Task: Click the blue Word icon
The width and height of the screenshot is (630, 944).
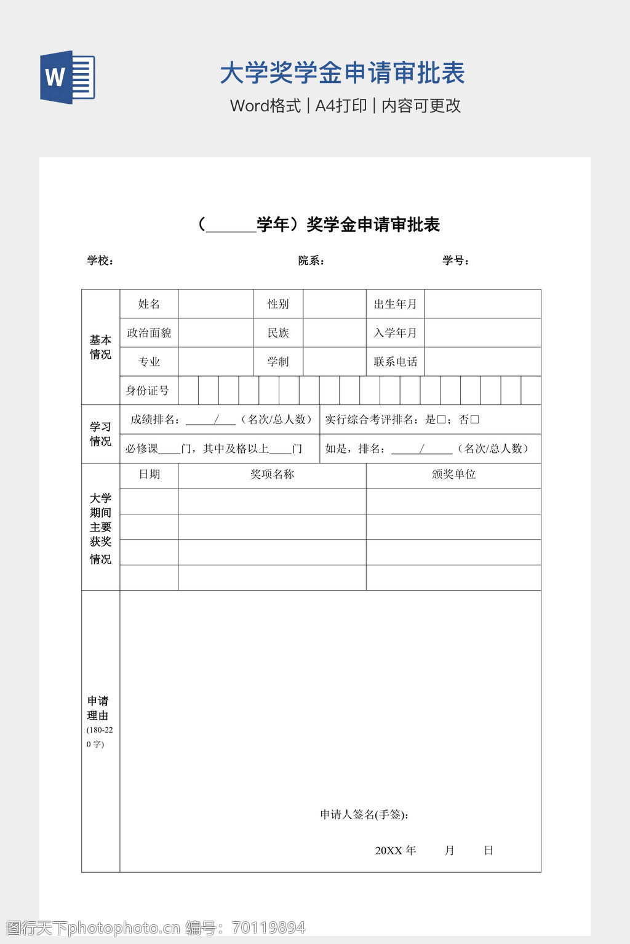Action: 67,77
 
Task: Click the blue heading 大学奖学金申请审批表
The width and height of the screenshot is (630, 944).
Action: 342,73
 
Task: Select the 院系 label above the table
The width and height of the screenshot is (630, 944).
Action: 311,261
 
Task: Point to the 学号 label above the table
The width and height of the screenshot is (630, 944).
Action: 455,261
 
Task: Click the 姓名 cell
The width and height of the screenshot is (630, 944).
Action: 149,304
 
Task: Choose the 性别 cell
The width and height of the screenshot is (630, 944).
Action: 278,304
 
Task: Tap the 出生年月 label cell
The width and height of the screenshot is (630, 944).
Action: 395,304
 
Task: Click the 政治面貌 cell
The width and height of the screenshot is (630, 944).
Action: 149,333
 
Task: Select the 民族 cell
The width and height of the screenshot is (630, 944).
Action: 278,333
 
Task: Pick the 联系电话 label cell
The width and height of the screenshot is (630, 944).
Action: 395,362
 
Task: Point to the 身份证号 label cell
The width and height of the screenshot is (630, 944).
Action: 148,391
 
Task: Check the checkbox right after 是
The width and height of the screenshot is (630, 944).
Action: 441,420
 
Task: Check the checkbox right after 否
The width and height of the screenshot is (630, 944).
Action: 474,420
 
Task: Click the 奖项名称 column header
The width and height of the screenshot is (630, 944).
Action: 272,474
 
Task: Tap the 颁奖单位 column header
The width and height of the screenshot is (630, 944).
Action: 453,474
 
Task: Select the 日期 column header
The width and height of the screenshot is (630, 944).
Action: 149,474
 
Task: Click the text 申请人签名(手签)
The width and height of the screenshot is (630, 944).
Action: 364,815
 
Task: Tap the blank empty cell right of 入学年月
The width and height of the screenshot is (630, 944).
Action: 482,333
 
